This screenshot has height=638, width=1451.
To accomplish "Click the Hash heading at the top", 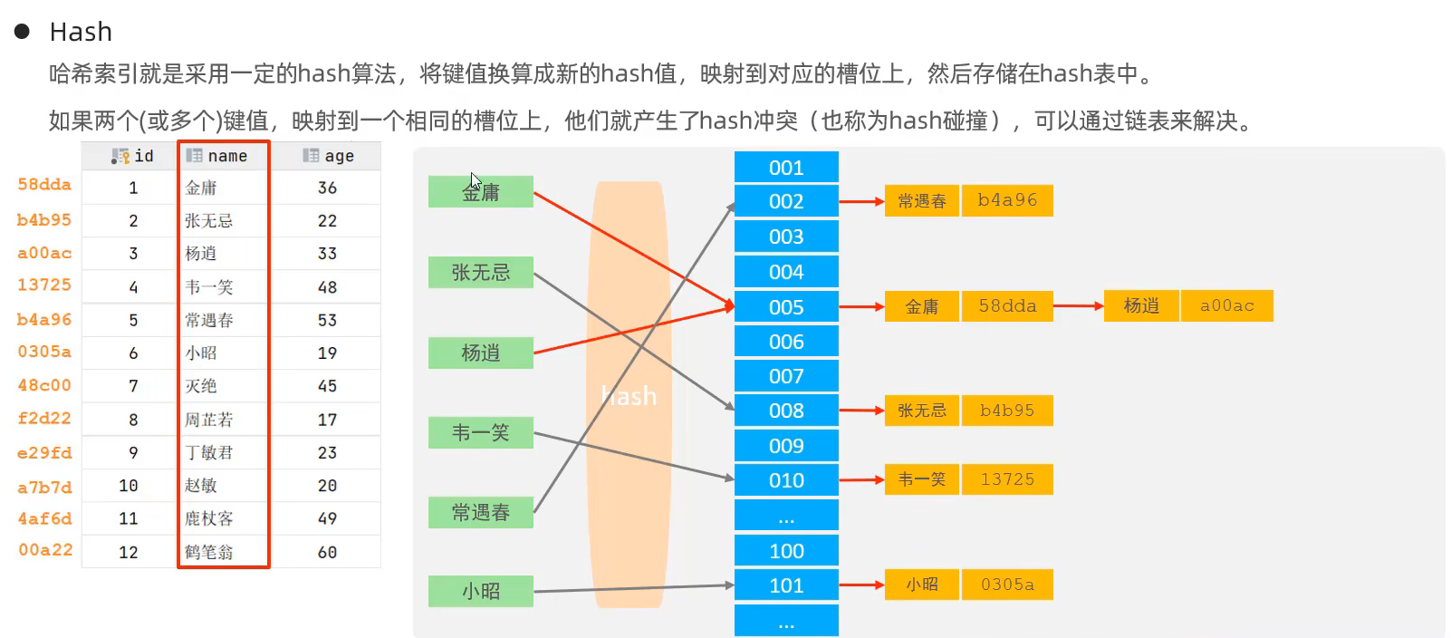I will pyautogui.click(x=81, y=32).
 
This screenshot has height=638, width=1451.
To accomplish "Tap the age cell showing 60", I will pyautogui.click(x=327, y=552).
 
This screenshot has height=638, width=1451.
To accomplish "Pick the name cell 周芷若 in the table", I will pyautogui.click(x=209, y=420).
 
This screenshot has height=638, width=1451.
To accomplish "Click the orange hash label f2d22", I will pyautogui.click(x=44, y=419).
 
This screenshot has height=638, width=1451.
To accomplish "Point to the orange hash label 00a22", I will pyautogui.click(x=45, y=550).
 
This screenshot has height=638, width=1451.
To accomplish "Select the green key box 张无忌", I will pyautogui.click(x=480, y=272).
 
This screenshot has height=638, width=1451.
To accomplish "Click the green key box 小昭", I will pyautogui.click(x=480, y=591).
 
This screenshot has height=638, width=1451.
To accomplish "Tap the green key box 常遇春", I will pyautogui.click(x=480, y=512).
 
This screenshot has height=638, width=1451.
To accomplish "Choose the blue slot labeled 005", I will pyautogui.click(x=786, y=307).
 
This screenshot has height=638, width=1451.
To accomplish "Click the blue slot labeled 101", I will pyautogui.click(x=786, y=585).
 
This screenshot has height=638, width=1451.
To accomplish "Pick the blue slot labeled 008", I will pyautogui.click(x=786, y=411).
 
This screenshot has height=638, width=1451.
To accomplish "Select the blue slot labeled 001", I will pyautogui.click(x=786, y=168).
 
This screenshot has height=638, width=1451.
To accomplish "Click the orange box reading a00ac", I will pyautogui.click(x=1227, y=306).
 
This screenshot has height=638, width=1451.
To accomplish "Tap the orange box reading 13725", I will pyautogui.click(x=1007, y=479).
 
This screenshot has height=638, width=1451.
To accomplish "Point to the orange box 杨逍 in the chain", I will pyautogui.click(x=1141, y=306).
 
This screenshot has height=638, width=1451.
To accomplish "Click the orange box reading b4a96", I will pyautogui.click(x=1007, y=200).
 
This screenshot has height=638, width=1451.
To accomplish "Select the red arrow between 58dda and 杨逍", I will pyautogui.click(x=1079, y=306).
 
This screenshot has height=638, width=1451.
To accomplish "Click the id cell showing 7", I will pyautogui.click(x=133, y=386).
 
